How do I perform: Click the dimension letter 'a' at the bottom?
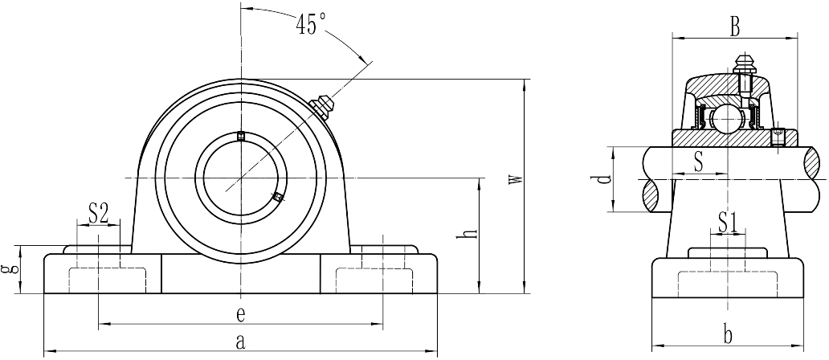(x=239, y=342)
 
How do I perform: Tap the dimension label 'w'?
(x=516, y=179)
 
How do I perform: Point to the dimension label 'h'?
(x=470, y=235)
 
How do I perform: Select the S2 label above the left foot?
(x=98, y=214)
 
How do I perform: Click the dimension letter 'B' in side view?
(x=734, y=27)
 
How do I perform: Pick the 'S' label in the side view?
(x=698, y=162)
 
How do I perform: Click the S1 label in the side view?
(x=728, y=221)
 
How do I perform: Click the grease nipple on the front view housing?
(x=322, y=105)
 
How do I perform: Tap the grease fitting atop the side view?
(x=743, y=64)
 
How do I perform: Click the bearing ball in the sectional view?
(x=727, y=120)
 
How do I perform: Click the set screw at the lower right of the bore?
(x=277, y=197)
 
